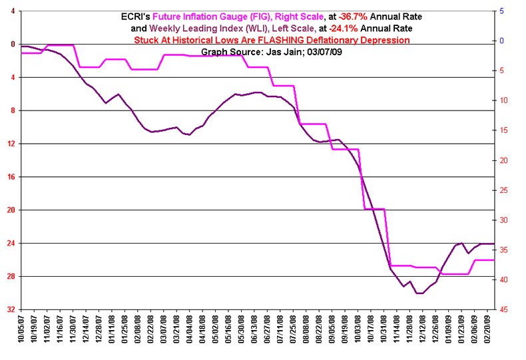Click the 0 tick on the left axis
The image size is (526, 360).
click(12, 44)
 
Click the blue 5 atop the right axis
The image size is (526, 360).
click(502, 11)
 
